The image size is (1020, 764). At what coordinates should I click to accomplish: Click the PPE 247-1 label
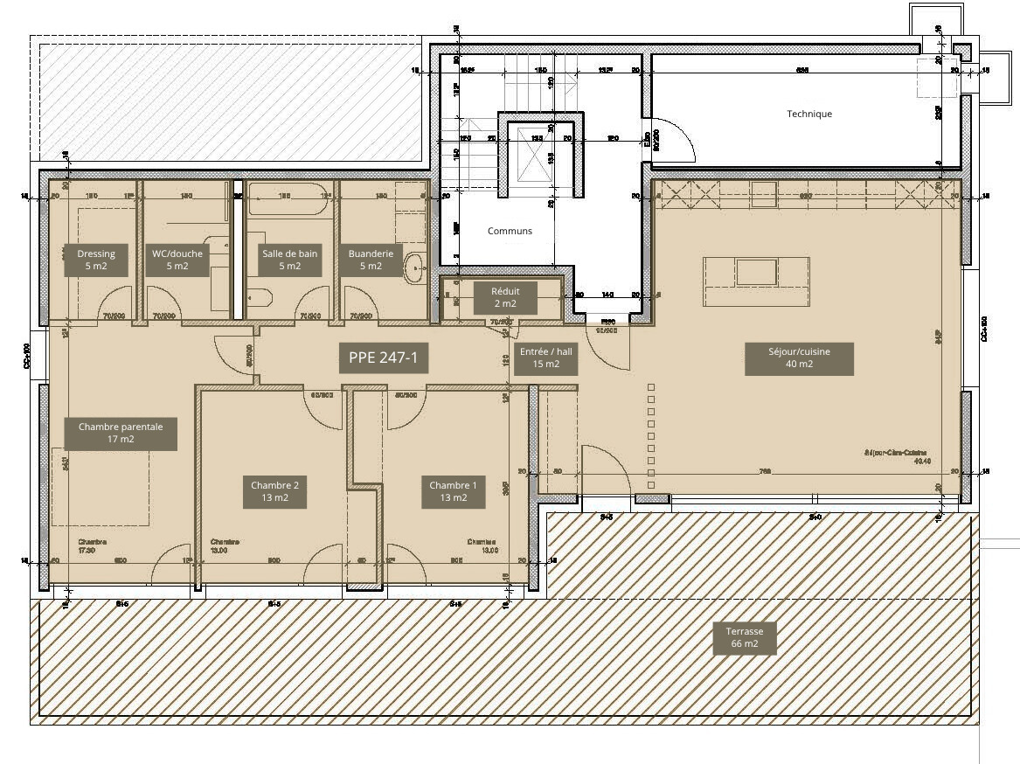coord(383,358)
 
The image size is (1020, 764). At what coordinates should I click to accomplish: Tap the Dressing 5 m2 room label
coord(96,260)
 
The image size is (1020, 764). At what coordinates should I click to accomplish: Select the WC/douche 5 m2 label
coord(177,260)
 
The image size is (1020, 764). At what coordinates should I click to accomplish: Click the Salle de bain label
coord(290,260)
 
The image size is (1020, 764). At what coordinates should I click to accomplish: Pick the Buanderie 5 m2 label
coord(371,260)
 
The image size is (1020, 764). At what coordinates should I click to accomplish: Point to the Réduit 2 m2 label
coord(505,297)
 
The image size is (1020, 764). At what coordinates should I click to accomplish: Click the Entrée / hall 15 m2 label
coord(545,358)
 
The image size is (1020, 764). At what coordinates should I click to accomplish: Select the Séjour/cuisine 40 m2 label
coord(799,358)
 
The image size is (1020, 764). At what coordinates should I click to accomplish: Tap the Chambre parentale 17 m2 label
coord(121,434)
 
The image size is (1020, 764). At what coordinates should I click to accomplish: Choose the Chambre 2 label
coord(275,491)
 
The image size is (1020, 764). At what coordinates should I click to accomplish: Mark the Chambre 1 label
coord(453,491)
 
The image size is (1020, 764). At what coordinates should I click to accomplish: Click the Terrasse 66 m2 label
coord(744,637)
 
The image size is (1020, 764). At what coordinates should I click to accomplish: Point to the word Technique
coord(809,114)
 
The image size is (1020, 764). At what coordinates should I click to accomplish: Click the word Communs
coord(510,231)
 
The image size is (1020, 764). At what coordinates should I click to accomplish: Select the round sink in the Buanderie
coord(413,267)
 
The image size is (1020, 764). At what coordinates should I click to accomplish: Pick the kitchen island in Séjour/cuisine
coord(756,281)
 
